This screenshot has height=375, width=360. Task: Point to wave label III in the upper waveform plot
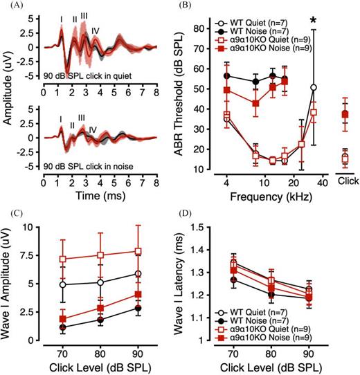pyautogui.click(x=84, y=15)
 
